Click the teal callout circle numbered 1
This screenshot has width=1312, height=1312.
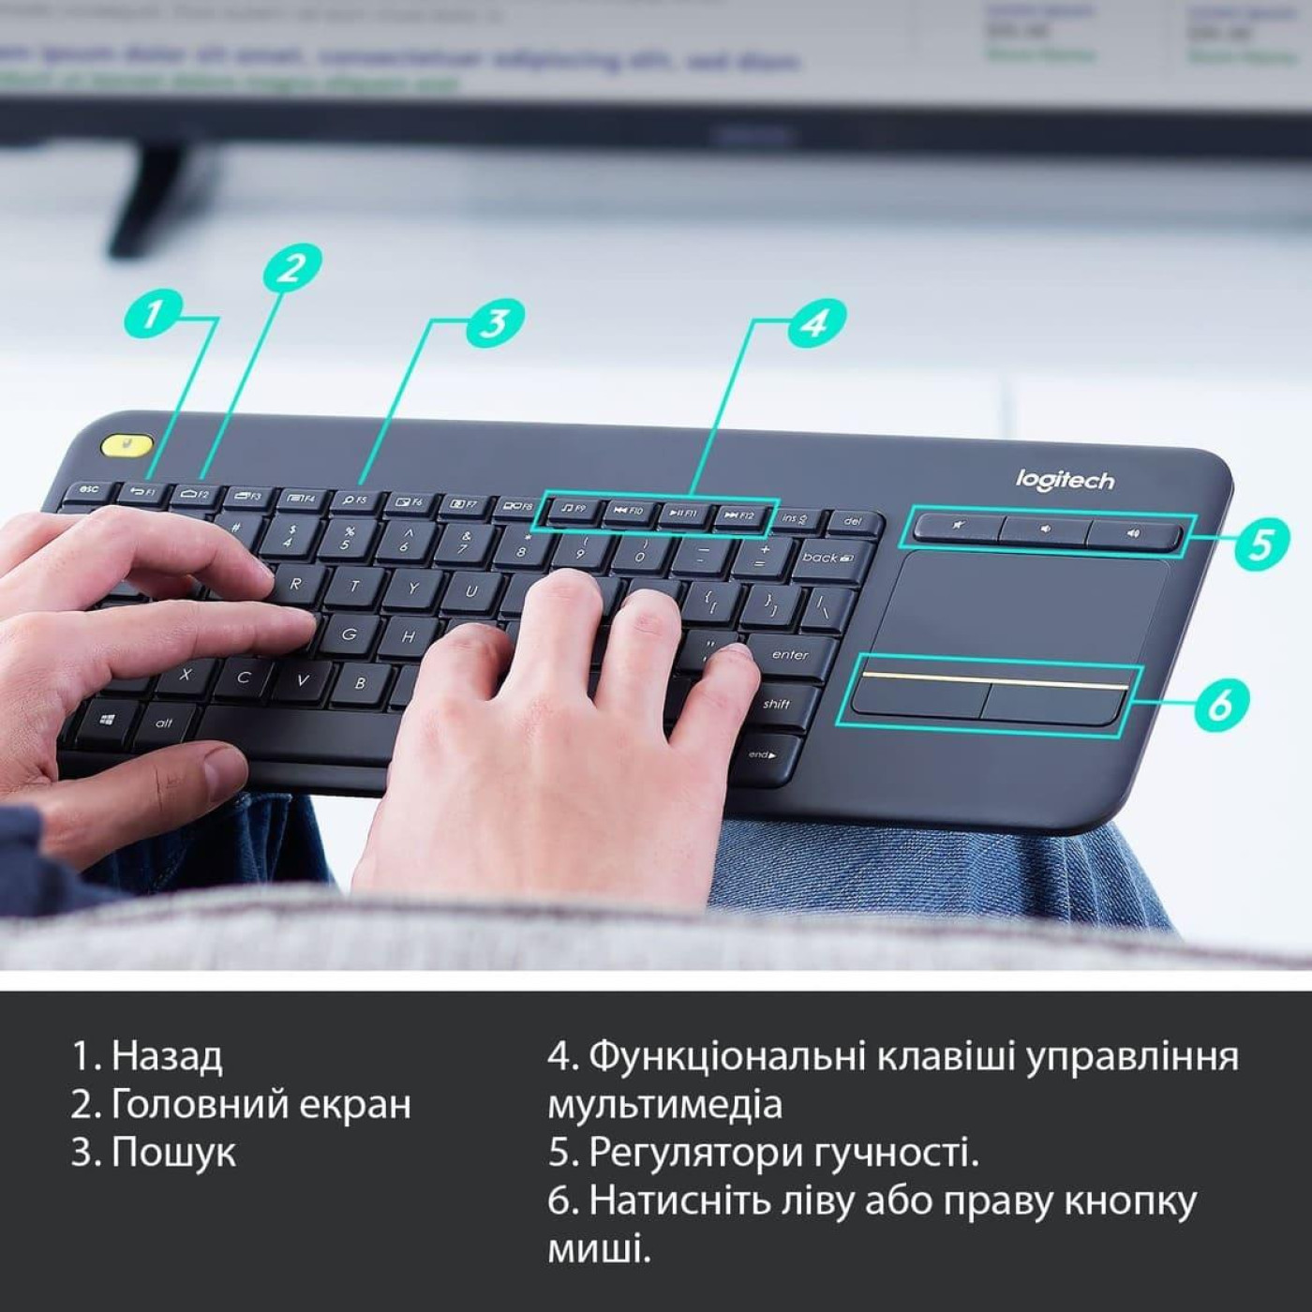(154, 313)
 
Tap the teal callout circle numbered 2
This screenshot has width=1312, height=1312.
(292, 268)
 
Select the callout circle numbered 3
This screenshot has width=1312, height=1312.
(494, 323)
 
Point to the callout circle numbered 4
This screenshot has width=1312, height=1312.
(815, 322)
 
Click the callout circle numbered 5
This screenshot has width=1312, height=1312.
(1261, 544)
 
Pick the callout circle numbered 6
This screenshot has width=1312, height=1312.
(1221, 702)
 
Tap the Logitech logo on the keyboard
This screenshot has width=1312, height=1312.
(1065, 481)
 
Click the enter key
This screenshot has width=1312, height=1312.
(789, 655)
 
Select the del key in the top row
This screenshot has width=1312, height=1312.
(852, 521)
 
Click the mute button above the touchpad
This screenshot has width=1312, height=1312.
(957, 527)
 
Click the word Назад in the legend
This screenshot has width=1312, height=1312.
(167, 1056)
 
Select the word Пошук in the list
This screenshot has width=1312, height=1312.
(173, 1152)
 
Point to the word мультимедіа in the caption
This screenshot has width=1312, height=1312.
(664, 1104)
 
